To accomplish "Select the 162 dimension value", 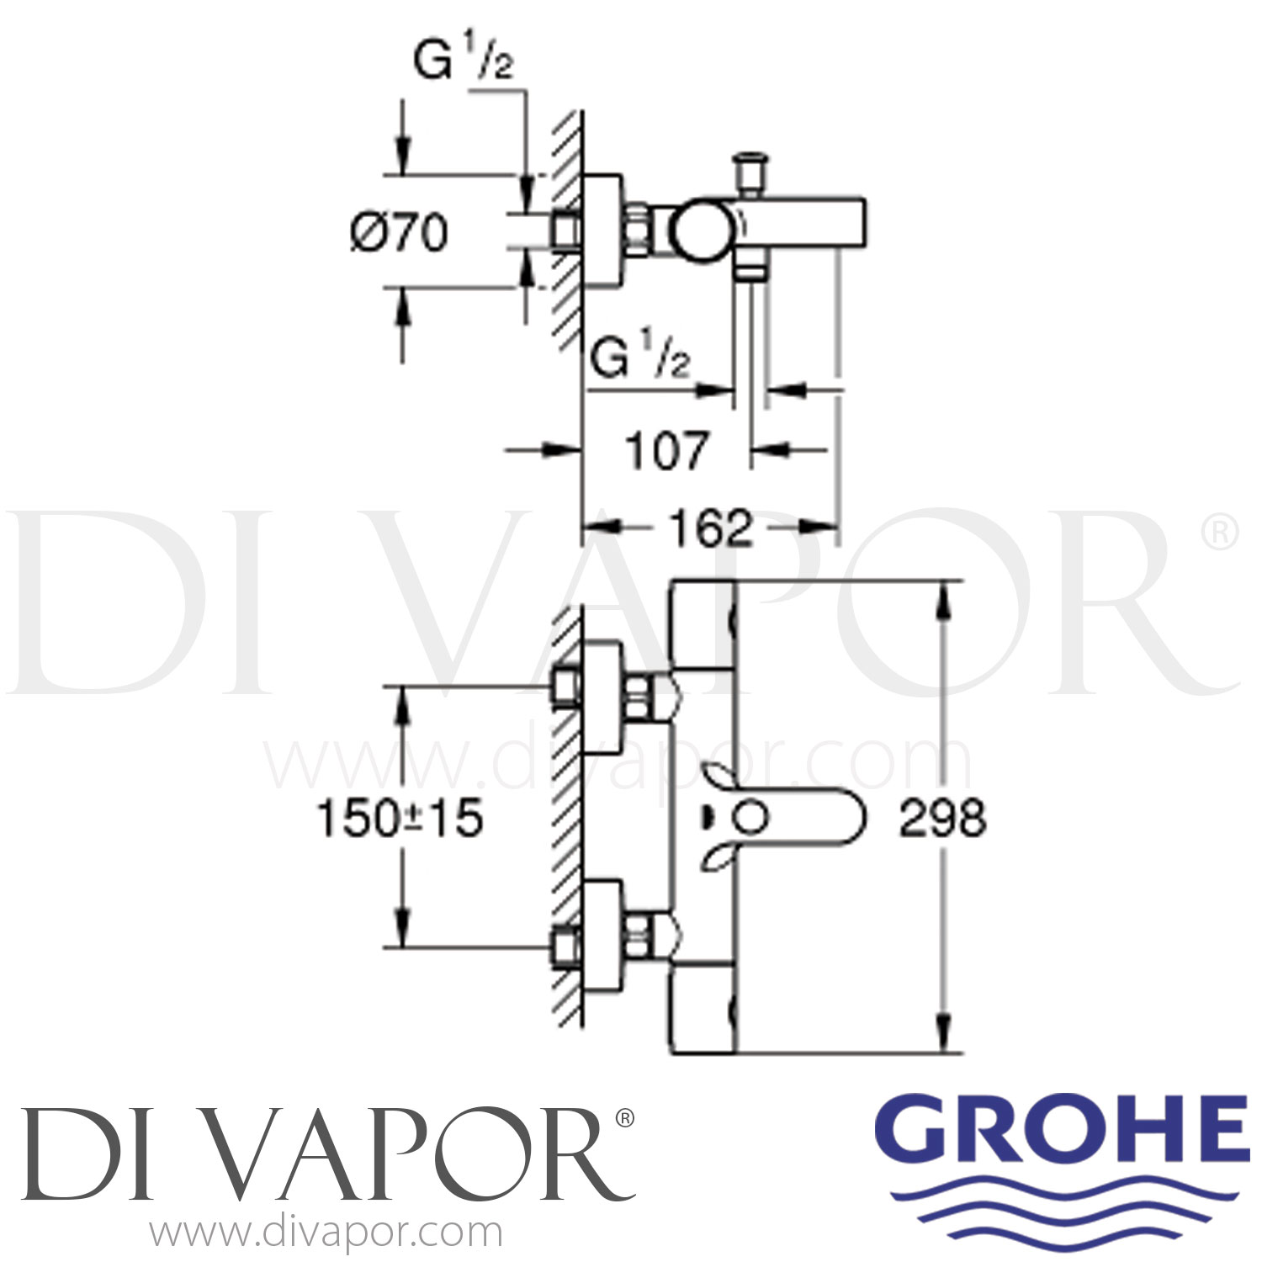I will (710, 528).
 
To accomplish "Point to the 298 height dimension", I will (942, 818).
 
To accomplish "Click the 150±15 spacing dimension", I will (400, 818).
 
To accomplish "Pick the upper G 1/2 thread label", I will (464, 61).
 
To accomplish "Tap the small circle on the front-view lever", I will (750, 817).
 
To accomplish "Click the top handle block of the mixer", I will (703, 624).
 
